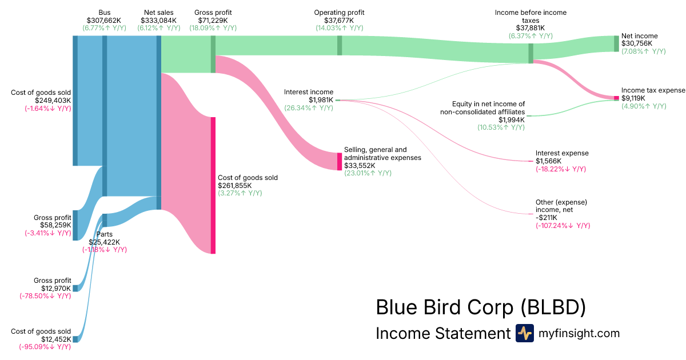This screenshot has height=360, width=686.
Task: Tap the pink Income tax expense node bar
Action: point(616,98)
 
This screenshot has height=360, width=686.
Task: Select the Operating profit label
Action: point(339,13)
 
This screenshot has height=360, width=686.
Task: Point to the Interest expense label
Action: point(562,153)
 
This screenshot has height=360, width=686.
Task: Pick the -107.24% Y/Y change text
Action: point(563,226)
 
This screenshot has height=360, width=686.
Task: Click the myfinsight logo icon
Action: point(524,333)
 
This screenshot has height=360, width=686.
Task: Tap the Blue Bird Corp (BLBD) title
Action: point(481,307)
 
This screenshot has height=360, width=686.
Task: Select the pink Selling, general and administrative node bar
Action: point(339,161)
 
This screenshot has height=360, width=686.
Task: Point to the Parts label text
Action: point(104,234)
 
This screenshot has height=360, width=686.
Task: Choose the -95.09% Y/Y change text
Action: point(45,347)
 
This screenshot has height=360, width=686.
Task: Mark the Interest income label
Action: point(309,92)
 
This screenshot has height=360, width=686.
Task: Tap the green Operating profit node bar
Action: point(340,45)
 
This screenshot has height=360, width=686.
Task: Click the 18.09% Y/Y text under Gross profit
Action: point(213,27)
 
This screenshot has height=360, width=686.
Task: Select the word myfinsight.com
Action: point(579,333)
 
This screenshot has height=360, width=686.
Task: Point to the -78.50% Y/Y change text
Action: point(45,296)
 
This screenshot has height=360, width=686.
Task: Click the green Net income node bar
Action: point(616,43)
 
